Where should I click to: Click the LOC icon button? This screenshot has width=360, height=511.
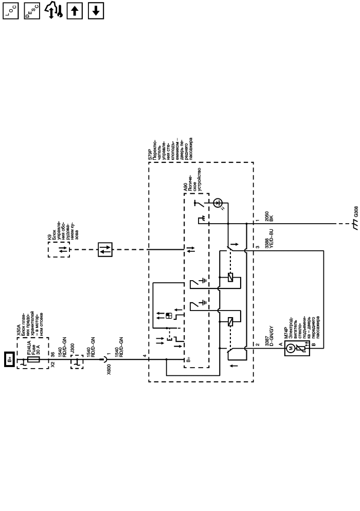click(x=10, y=11)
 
